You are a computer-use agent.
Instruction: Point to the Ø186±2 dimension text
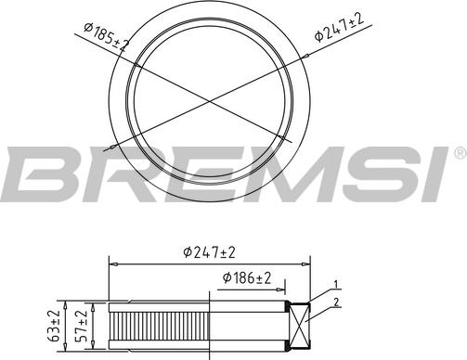click(246, 278)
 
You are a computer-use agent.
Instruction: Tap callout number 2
click(339, 302)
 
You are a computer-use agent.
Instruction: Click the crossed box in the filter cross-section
click(303, 329)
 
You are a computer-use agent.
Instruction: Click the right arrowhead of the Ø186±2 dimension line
click(284, 288)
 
